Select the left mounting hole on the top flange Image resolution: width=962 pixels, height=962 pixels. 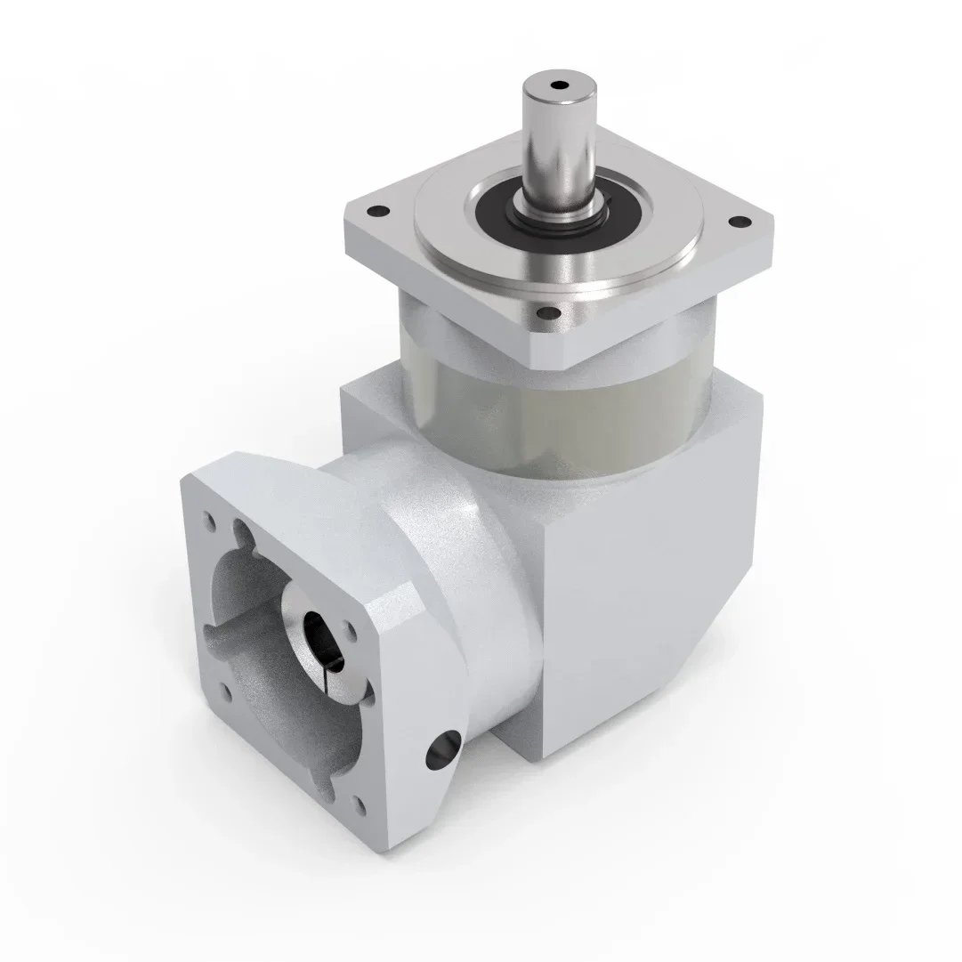coord(377,212)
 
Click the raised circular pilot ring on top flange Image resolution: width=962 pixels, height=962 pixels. coord(463,267)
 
